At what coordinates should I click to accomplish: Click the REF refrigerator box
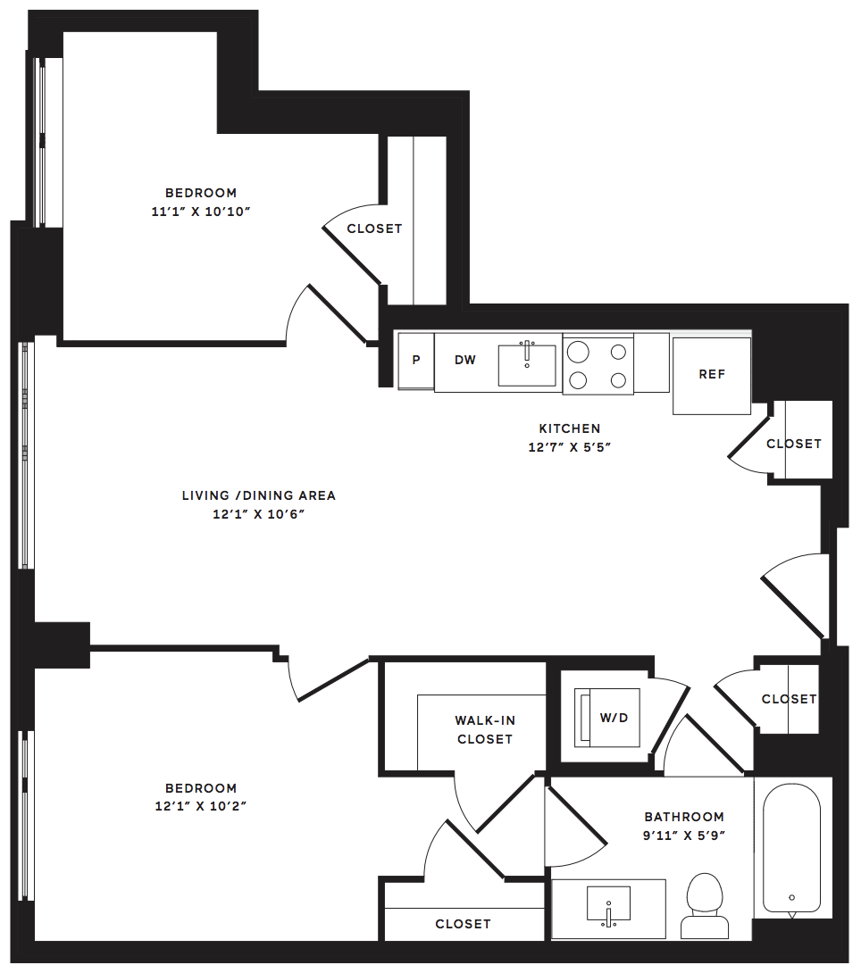[x=711, y=376]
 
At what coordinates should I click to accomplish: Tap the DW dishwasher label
[x=465, y=360]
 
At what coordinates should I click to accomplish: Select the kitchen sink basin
[x=527, y=365]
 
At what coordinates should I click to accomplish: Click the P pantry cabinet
[x=416, y=361]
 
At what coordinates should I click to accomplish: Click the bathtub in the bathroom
[x=792, y=848]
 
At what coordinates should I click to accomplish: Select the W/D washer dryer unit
[x=607, y=718]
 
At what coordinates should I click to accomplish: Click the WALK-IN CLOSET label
[x=485, y=730]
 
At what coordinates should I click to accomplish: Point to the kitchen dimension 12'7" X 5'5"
[x=570, y=447]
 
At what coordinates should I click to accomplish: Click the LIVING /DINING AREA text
[x=259, y=495]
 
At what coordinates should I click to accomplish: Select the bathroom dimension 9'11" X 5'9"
[x=684, y=836]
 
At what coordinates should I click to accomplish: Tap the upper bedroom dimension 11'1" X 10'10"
[x=200, y=212]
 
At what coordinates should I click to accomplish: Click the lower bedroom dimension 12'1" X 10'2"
[x=200, y=806]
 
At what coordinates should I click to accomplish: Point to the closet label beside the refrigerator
[x=794, y=444]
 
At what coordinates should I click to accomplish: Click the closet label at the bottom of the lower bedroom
[x=463, y=924]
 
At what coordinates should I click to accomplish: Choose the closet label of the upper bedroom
[x=374, y=229]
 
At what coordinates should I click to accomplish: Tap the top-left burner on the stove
[x=578, y=352]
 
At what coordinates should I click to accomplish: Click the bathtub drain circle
[x=792, y=897]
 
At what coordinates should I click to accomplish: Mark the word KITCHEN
[x=570, y=428]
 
